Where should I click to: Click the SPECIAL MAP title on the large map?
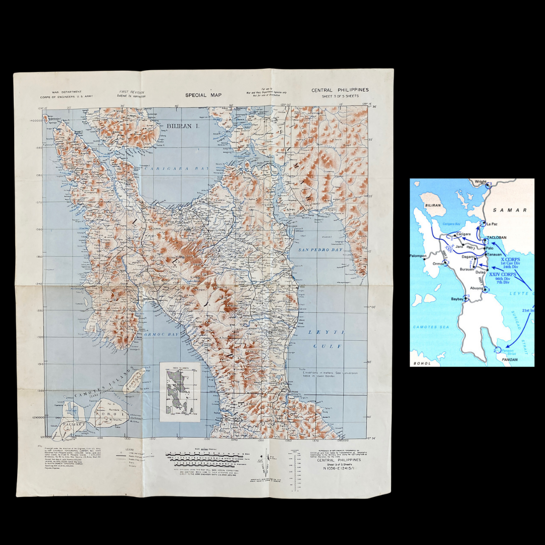coord(203,95)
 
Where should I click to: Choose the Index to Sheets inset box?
coord(180,392)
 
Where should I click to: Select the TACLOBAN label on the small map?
coord(497,238)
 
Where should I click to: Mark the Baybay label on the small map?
coord(457,299)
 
